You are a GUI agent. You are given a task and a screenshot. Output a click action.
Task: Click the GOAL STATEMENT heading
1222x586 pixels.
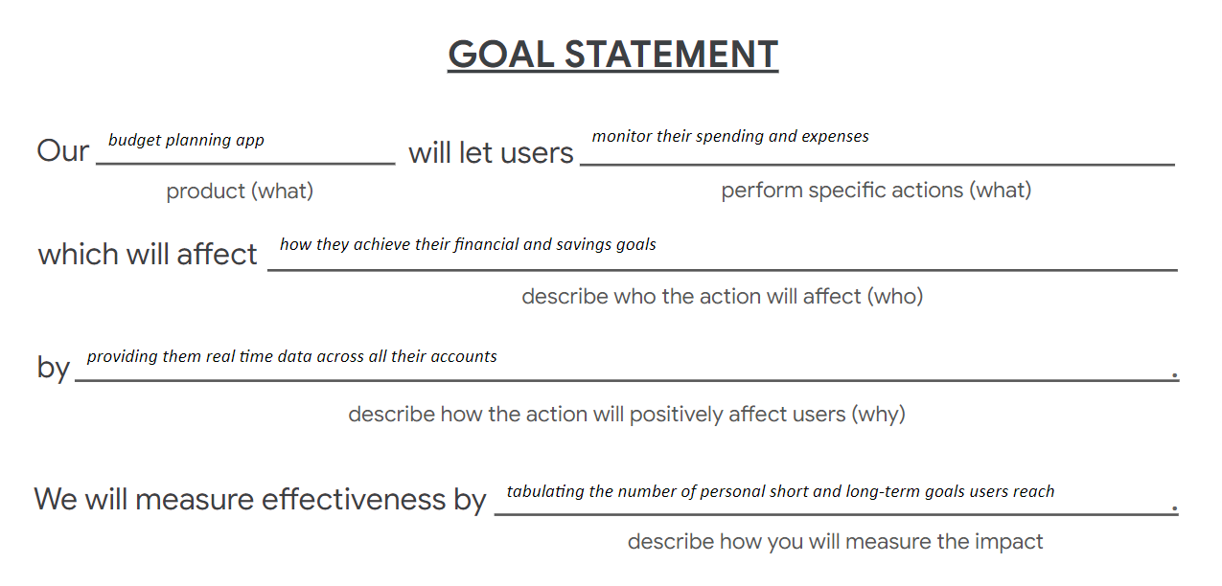(612, 55)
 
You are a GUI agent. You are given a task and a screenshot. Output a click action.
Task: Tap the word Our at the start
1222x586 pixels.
(62, 150)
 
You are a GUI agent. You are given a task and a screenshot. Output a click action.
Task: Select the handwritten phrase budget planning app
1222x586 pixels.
(186, 140)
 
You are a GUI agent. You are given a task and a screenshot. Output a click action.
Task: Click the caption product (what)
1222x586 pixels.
(240, 192)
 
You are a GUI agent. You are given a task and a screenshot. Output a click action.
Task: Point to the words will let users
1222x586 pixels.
(491, 152)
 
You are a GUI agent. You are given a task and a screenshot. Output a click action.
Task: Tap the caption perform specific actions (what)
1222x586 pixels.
(876, 191)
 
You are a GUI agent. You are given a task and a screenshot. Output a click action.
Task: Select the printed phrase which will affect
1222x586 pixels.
(148, 254)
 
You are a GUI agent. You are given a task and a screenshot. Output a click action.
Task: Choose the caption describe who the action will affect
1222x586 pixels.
(723, 297)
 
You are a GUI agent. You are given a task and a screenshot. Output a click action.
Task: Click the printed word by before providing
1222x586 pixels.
(54, 368)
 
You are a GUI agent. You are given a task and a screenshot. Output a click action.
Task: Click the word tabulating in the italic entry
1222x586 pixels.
(545, 492)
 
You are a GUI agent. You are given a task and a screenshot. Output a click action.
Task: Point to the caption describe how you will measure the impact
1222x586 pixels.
(835, 542)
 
